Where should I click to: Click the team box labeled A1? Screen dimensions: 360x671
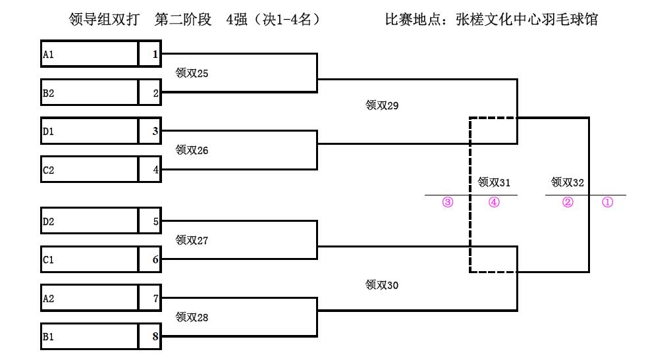click(90, 55)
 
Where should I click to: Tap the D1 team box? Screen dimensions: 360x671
click(90, 132)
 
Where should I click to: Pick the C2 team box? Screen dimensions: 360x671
click(90, 170)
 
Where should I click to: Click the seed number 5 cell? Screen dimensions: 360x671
click(150, 222)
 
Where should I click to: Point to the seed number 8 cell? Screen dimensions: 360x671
click(150, 337)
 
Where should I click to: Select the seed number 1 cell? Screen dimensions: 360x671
click(150, 55)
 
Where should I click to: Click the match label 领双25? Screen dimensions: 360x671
click(192, 74)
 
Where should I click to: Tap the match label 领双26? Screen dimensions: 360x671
click(192, 151)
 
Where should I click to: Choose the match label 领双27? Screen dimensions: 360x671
click(192, 241)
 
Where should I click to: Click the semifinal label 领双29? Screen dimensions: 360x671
click(382, 105)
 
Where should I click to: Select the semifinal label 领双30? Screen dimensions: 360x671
click(382, 285)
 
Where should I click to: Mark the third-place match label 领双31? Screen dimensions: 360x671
click(494, 182)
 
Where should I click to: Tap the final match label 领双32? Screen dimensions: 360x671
click(568, 182)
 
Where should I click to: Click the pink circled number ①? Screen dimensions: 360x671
click(608, 203)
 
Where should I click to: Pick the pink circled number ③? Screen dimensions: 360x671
click(448, 203)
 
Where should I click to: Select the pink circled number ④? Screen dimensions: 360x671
click(494, 203)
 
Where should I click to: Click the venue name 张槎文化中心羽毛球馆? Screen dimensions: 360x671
click(526, 20)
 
